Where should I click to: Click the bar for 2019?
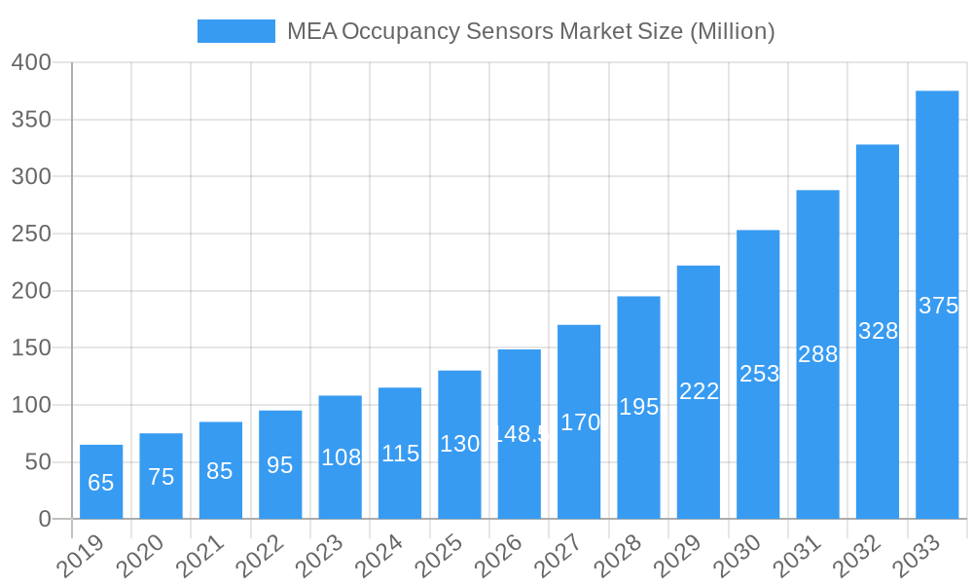(101, 482)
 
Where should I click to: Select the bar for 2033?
(937, 305)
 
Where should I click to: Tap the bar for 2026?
(520, 434)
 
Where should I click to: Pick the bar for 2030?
(758, 375)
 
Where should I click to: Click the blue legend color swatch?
(235, 31)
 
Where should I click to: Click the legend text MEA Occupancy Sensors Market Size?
(530, 31)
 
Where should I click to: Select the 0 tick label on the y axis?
(45, 519)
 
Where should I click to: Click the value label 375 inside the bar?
(938, 306)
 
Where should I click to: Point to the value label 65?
(101, 483)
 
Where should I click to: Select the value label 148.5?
(520, 434)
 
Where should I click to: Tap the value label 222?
(699, 391)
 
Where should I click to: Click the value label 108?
(341, 457)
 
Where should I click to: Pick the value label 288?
(817, 354)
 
